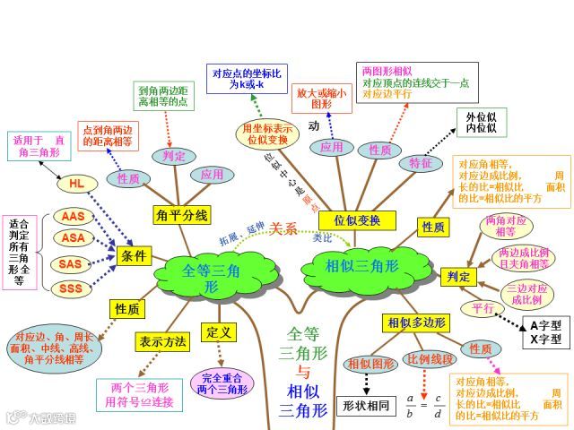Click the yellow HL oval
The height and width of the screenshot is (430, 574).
77,184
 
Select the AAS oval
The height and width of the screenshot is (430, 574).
73,217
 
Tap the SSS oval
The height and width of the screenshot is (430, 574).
71,288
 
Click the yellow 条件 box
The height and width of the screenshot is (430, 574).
133,255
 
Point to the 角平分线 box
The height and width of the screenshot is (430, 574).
182,215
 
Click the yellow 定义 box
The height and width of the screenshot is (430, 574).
219,332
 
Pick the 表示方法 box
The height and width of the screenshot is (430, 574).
163,341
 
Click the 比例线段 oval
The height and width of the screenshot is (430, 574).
430,359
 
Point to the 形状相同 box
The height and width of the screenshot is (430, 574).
367,406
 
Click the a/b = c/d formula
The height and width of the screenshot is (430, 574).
425,406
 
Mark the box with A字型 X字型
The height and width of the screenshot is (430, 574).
545,332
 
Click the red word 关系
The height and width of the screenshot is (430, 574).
283,228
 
